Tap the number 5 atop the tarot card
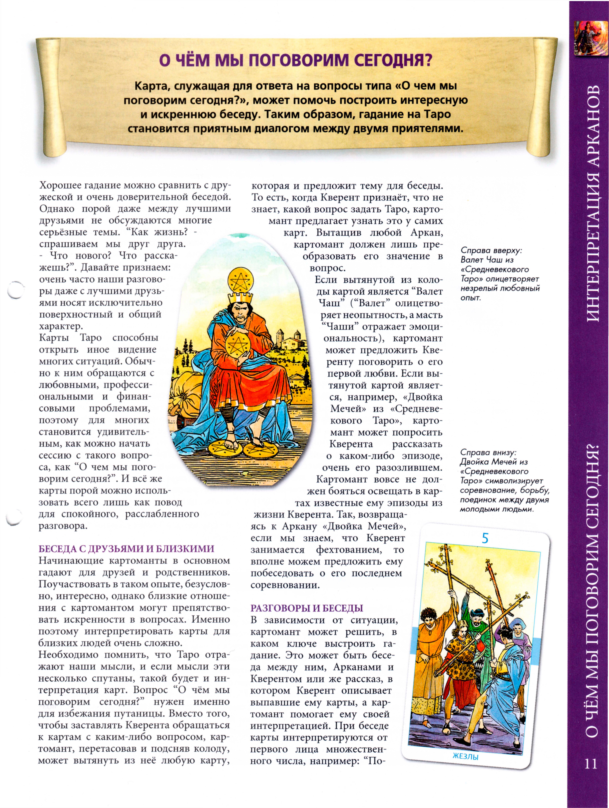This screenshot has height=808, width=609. tap(485, 538)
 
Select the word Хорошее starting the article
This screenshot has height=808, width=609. tap(60, 185)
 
